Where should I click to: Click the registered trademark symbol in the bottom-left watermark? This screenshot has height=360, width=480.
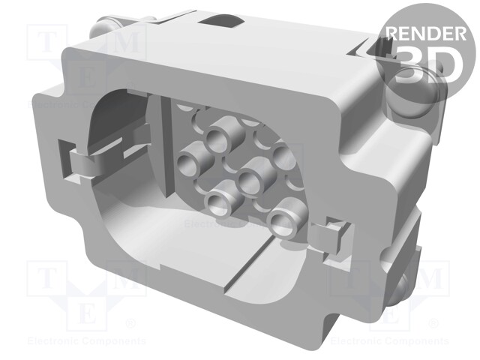click(128, 324)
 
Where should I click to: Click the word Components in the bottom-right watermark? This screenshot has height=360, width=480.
click(416, 340)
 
